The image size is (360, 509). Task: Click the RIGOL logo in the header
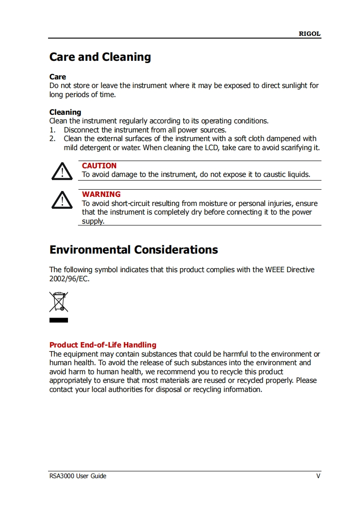tap(309, 34)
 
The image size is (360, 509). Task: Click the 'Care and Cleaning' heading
tap(100, 57)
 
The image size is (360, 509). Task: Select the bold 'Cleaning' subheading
tap(65, 112)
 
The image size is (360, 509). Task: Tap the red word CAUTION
tap(99, 166)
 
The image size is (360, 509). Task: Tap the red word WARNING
tap(101, 195)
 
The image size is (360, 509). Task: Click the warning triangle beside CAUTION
tap(62, 171)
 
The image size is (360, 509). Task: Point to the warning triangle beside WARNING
tap(62, 200)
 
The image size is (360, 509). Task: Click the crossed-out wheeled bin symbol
tap(58, 302)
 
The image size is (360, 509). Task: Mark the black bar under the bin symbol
tap(58, 320)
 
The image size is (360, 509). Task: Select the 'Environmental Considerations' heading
tap(133, 250)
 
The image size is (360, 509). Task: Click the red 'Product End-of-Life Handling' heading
tap(102, 345)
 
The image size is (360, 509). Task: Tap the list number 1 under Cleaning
tap(52, 130)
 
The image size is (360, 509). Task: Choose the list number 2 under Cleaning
tap(52, 138)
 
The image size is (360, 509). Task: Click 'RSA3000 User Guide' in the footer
tap(78, 476)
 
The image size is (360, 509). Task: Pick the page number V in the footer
tap(318, 476)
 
